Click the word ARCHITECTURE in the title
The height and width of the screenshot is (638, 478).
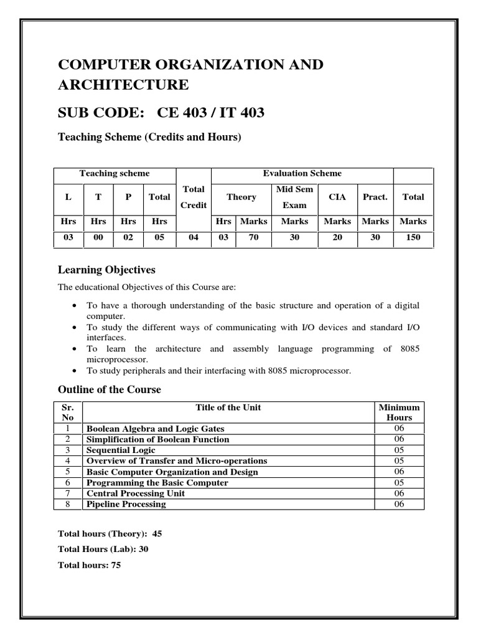click(x=123, y=85)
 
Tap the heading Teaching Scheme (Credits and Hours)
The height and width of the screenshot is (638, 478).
click(x=149, y=138)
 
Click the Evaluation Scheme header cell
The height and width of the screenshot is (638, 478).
click(x=302, y=174)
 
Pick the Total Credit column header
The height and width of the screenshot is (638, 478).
click(x=194, y=197)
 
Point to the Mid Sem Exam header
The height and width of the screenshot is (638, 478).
click(x=294, y=197)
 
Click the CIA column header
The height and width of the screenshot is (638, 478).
click(x=337, y=197)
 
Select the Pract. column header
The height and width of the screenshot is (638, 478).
click(x=375, y=197)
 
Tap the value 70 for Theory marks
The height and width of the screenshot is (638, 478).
click(x=253, y=237)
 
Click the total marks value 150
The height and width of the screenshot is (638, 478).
click(x=413, y=237)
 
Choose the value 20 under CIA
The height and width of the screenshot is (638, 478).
click(x=337, y=237)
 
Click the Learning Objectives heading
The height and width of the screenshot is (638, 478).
click(x=106, y=270)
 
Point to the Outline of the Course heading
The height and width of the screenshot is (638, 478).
click(x=109, y=389)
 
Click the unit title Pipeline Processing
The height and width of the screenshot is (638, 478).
click(x=126, y=504)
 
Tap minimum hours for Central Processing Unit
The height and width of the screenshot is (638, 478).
click(x=399, y=493)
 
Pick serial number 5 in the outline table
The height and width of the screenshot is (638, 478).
click(x=68, y=472)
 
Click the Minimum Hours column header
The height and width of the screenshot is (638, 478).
click(x=399, y=412)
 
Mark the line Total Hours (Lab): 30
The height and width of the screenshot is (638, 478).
click(x=103, y=550)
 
